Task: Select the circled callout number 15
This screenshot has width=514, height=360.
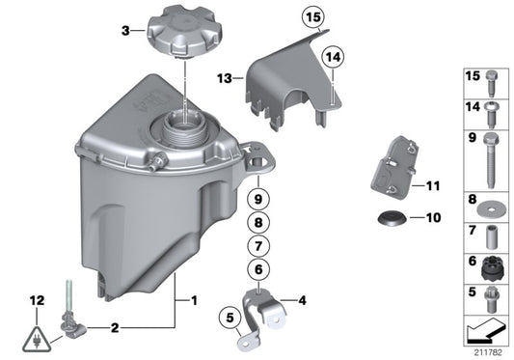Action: [x=311, y=17]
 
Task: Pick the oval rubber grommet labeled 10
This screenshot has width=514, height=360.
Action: [x=392, y=218]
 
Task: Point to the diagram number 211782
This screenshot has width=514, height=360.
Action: [x=488, y=350]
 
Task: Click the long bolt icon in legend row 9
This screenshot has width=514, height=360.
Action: [x=489, y=158]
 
